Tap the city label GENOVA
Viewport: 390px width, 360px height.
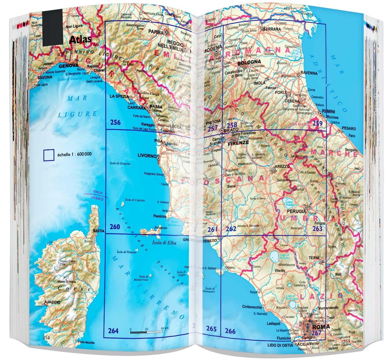pos(69,66)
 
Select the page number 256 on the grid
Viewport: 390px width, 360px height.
pos(115,122)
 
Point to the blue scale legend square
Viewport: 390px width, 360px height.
pos(49,155)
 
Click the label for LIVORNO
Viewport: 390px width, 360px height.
pos(147,156)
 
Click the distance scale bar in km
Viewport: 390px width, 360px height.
pos(146,332)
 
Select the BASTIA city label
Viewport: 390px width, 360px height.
pos(99,231)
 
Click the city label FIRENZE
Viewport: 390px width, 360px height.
pos(238,143)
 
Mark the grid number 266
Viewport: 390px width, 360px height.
pos(230,331)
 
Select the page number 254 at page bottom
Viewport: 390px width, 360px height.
pos(46,337)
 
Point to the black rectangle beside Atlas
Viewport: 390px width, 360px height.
pos(52,28)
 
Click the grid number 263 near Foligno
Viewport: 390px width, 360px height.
pos(317,229)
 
